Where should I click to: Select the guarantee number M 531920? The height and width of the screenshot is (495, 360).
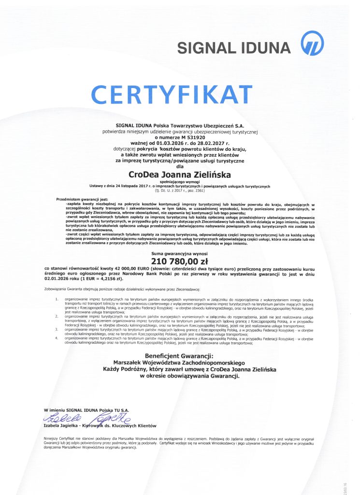pyautogui.click(x=194, y=137)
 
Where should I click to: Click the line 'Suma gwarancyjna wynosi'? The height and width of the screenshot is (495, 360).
pyautogui.click(x=180, y=253)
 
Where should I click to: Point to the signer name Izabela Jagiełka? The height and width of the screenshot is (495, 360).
pyautogui.click(x=59, y=425)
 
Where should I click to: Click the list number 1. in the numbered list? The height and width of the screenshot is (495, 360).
pyautogui.click(x=57, y=300)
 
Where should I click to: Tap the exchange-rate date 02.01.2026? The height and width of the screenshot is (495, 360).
pyautogui.click(x=57, y=279)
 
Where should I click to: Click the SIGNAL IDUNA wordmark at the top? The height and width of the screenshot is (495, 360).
pyautogui.click(x=234, y=47)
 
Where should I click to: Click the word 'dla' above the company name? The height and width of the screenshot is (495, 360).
pyautogui.click(x=180, y=165)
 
